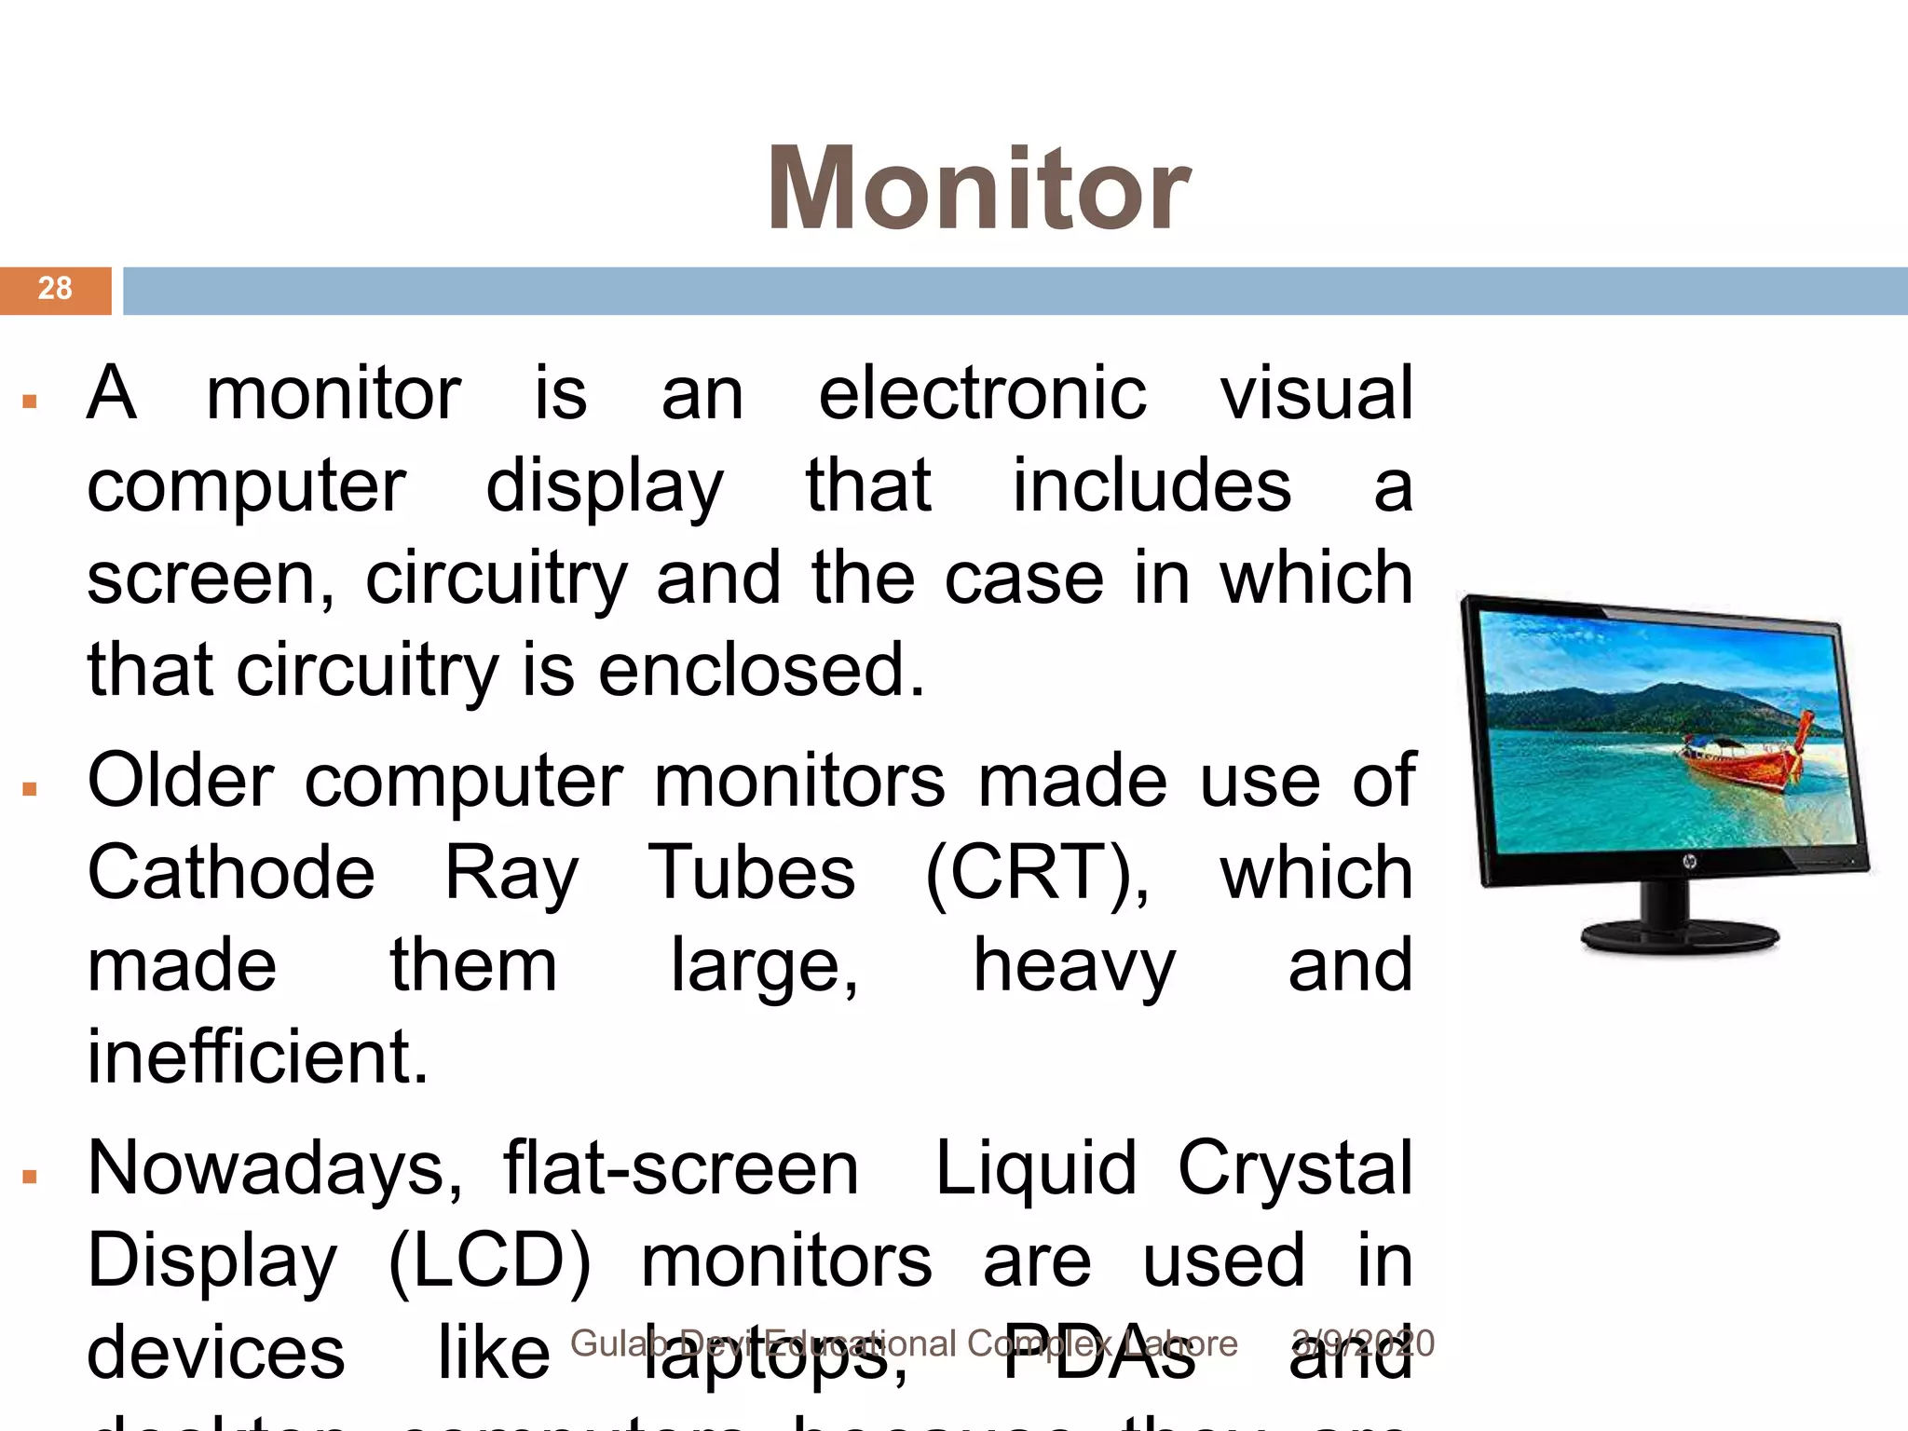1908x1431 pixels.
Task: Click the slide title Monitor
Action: click(x=978, y=189)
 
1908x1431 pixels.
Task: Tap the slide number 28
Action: click(x=55, y=289)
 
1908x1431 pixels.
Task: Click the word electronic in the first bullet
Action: click(x=982, y=394)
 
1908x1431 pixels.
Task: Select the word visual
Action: click(x=1316, y=394)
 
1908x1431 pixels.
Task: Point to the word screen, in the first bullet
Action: click(x=211, y=579)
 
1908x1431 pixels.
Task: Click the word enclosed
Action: click(x=761, y=670)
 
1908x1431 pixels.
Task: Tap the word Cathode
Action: click(x=231, y=873)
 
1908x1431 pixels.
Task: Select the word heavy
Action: click(x=1074, y=966)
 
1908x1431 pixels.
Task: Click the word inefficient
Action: click(x=257, y=1057)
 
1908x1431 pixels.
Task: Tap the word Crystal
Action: click(x=1295, y=1169)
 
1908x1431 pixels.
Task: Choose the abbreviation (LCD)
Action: click(x=489, y=1261)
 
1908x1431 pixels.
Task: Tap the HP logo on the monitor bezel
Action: click(x=1688, y=862)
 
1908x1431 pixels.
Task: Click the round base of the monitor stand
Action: click(x=1680, y=936)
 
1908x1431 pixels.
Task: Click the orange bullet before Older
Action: click(x=30, y=789)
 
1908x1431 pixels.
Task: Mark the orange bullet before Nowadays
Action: click(x=30, y=1177)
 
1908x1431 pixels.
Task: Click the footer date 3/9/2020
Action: click(x=1363, y=1343)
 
